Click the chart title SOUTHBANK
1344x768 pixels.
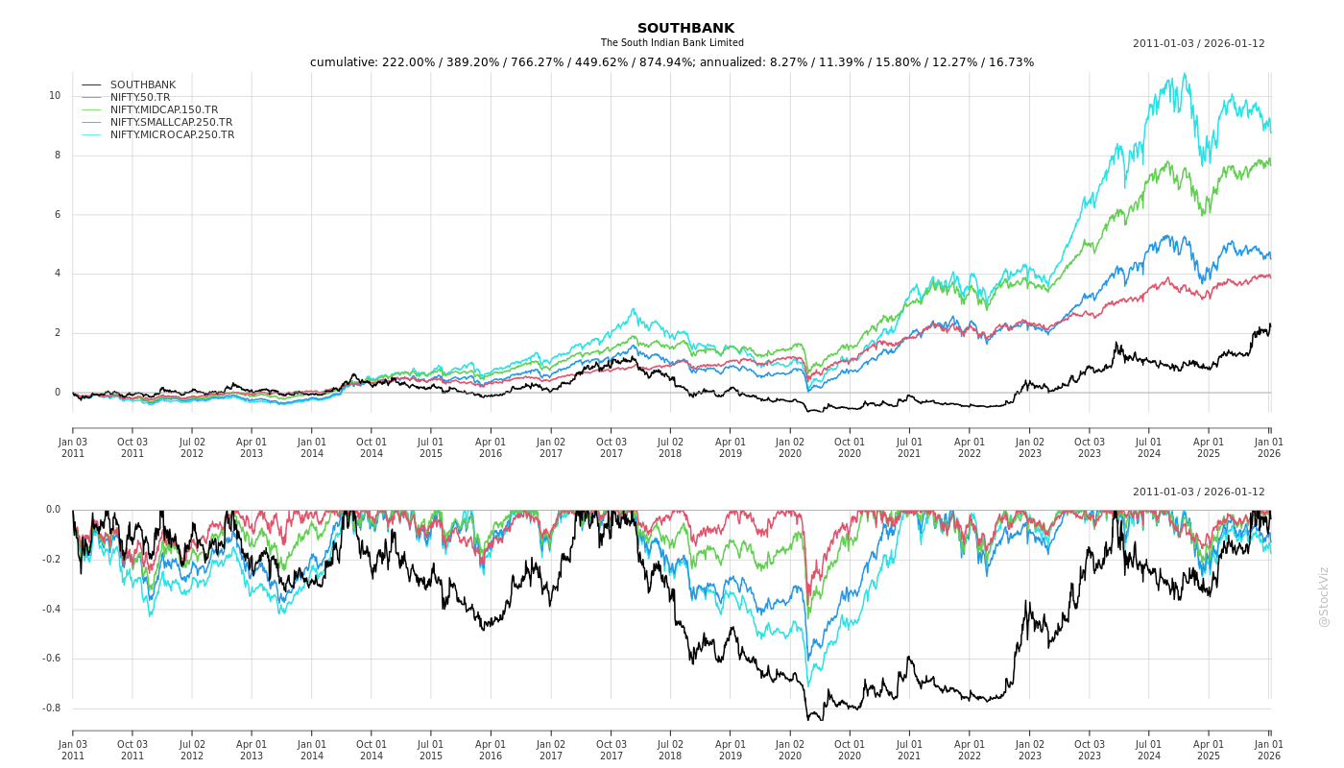tap(685, 29)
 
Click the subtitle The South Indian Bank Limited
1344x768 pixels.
tap(672, 43)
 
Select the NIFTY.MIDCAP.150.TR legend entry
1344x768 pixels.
tap(164, 110)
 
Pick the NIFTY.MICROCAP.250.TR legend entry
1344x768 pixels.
tap(172, 135)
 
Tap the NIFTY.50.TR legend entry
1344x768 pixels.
tap(140, 98)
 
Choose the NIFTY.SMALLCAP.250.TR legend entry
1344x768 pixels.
tap(171, 123)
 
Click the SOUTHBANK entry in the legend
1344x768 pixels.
tap(143, 85)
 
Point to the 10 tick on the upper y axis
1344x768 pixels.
tap(55, 96)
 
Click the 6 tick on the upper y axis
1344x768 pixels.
tap(57, 215)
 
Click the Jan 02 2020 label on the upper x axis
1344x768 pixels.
tap(790, 447)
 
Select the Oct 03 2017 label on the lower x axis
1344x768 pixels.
tap(611, 750)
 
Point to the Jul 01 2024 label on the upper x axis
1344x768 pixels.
tap(1149, 447)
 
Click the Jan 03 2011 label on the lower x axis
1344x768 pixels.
tap(73, 750)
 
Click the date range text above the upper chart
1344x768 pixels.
tap(1198, 44)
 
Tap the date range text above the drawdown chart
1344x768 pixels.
tap(1198, 492)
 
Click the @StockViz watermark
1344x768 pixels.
tap(1324, 596)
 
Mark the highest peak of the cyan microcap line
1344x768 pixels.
tap(1185, 73)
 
